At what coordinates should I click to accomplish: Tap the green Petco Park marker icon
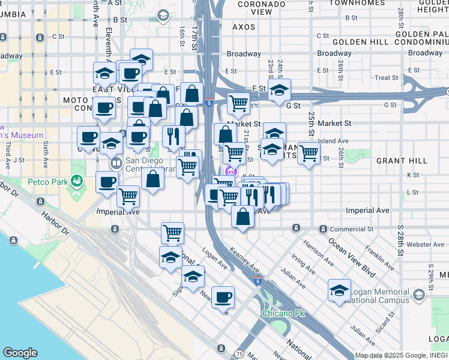[76, 180]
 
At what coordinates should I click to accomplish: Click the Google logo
[20, 353]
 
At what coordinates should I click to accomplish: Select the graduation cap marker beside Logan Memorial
[339, 290]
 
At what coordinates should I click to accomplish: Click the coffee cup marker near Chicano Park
[223, 296]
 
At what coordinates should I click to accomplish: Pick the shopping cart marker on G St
[238, 103]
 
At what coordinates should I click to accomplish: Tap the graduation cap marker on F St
[279, 90]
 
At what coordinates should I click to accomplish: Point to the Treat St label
[386, 78]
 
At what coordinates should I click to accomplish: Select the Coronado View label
[244, 8]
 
